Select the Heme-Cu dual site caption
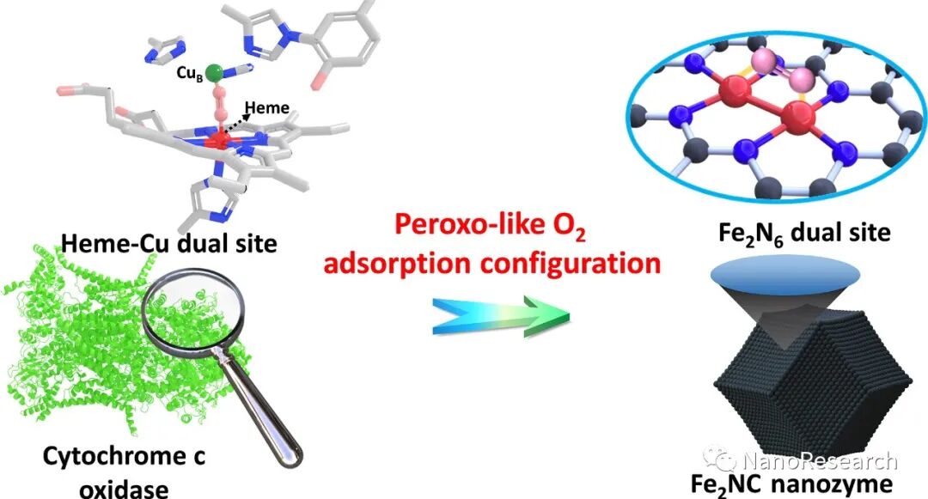168,243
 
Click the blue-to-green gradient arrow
502,315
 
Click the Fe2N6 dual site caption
804,232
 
